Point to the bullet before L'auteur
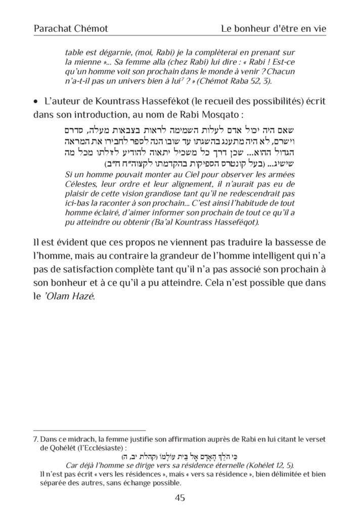pyautogui.click(x=36, y=102)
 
